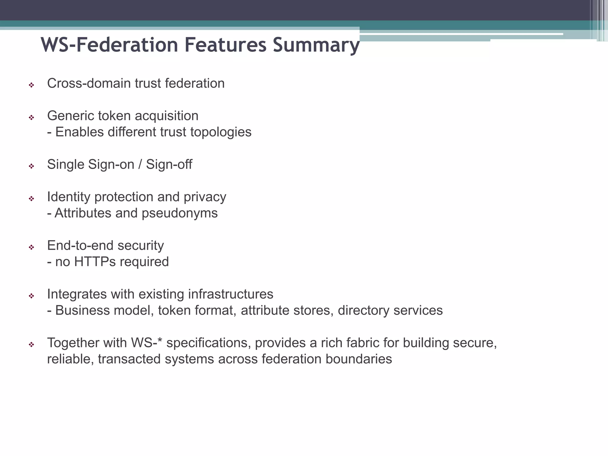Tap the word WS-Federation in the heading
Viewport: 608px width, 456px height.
pyautogui.click(x=109, y=45)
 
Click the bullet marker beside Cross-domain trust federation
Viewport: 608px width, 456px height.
pyautogui.click(x=31, y=85)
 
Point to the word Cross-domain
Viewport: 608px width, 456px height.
pyautogui.click(x=89, y=83)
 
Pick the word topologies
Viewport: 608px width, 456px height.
pyautogui.click(x=221, y=132)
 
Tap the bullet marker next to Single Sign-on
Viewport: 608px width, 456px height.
pyautogui.click(x=31, y=166)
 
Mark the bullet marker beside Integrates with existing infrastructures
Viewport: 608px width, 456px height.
pyautogui.click(x=31, y=296)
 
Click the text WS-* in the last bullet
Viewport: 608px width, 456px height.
pyautogui.click(x=146, y=343)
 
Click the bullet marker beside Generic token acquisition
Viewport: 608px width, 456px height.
pyautogui.click(x=31, y=118)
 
